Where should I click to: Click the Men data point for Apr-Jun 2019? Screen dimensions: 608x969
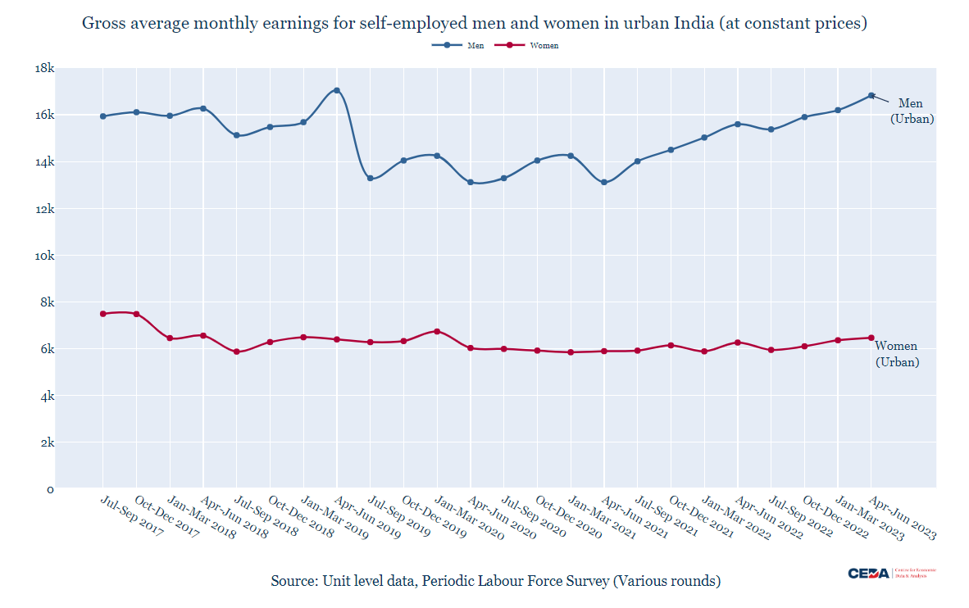pyautogui.click(x=337, y=90)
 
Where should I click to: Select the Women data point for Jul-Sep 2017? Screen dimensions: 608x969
pyautogui.click(x=103, y=314)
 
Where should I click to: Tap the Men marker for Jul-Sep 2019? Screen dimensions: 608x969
pyautogui.click(x=371, y=179)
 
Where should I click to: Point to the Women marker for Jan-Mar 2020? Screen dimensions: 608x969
pyautogui.click(x=437, y=331)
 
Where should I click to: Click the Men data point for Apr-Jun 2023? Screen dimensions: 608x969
pyautogui.click(x=871, y=96)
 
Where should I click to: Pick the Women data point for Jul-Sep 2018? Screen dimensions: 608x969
pyautogui.click(x=237, y=352)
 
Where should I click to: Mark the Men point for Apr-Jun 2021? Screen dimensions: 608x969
pyautogui.click(x=604, y=182)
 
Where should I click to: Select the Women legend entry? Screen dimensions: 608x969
pyautogui.click(x=534, y=46)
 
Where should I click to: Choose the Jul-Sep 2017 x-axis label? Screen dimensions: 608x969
pyautogui.click(x=131, y=516)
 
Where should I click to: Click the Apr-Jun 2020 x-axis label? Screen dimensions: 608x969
pyautogui.click(x=502, y=516)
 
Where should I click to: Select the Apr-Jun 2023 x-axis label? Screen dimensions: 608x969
pyautogui.click(x=902, y=516)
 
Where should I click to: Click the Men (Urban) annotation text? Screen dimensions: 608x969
pyautogui.click(x=910, y=111)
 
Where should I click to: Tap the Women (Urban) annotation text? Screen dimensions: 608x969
pyautogui.click(x=897, y=354)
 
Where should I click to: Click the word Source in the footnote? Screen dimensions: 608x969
pyautogui.click(x=293, y=581)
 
